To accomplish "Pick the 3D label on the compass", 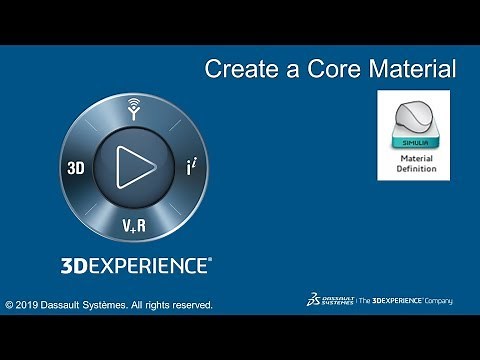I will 76,169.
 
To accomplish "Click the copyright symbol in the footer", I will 9,304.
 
